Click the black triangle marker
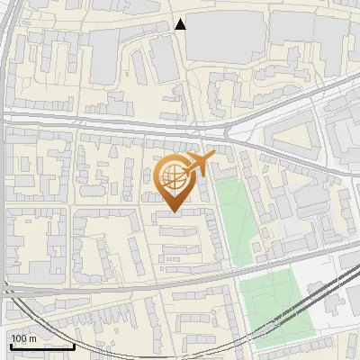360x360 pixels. pyautogui.click(x=181, y=24)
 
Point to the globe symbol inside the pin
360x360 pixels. pyautogui.click(x=173, y=177)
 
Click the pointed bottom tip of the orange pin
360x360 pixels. pyautogui.click(x=175, y=212)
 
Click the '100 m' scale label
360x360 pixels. pyautogui.click(x=23, y=338)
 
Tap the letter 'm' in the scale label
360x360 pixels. pyautogui.click(x=31, y=338)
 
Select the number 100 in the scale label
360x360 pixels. pyautogui.click(x=19, y=338)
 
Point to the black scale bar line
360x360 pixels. pyautogui.click(x=41, y=346)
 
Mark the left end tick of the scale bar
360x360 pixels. pyautogui.click(x=10, y=345)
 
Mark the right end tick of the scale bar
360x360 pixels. pyautogui.click(x=73, y=345)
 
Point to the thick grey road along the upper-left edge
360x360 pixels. pyautogui.click(x=6, y=54)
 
